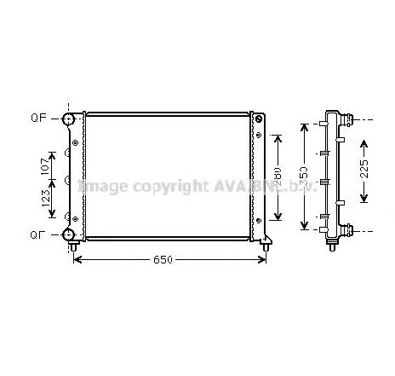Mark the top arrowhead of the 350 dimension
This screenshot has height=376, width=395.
coord(305,126)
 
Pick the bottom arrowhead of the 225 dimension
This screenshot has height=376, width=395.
coord(364,200)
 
